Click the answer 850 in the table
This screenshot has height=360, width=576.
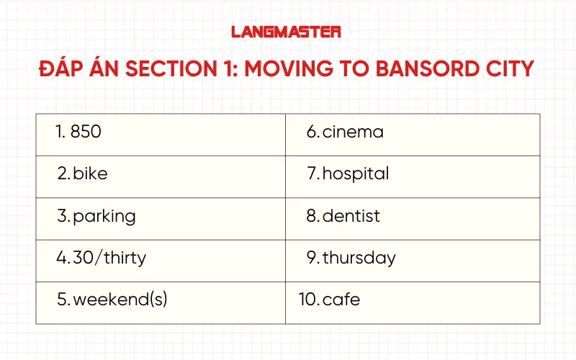(86, 132)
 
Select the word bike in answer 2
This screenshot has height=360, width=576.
(90, 174)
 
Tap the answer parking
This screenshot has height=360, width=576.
(104, 216)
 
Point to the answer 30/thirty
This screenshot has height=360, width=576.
(109, 258)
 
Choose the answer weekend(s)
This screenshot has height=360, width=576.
(120, 300)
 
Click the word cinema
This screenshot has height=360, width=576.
(353, 132)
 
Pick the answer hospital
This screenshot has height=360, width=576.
(356, 174)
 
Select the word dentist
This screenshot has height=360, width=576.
(351, 216)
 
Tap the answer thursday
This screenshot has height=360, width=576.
(359, 258)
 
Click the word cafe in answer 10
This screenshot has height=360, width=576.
(341, 300)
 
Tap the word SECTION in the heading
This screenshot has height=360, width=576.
(166, 70)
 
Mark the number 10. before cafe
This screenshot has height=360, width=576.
(309, 300)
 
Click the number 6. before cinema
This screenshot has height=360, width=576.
(312, 132)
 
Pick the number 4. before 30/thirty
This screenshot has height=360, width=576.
(63, 258)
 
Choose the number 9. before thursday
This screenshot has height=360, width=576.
(312, 258)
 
